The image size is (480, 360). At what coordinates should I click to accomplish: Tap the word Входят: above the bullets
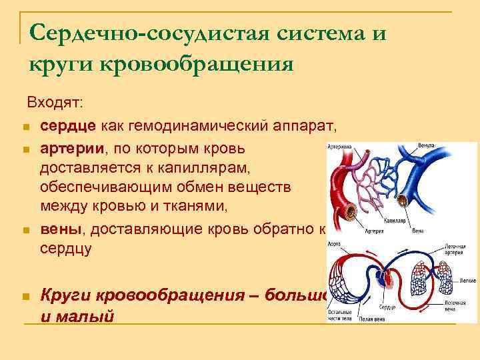(x=55, y=103)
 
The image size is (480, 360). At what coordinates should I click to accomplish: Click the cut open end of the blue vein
(x=405, y=199)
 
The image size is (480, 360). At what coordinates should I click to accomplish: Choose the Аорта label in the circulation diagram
(x=334, y=245)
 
